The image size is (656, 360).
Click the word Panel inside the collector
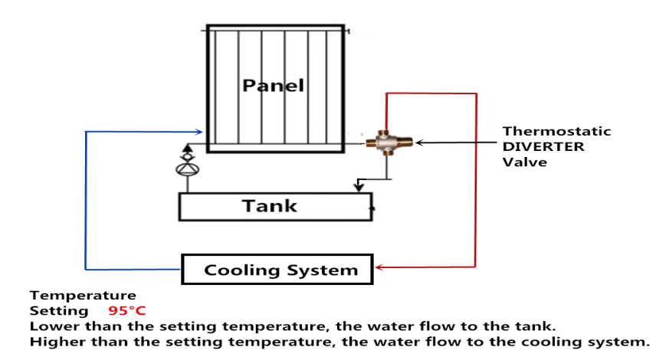click(x=273, y=85)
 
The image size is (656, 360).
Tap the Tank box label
click(x=270, y=205)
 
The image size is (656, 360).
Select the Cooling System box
click(x=277, y=269)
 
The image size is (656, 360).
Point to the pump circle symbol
click(x=186, y=169)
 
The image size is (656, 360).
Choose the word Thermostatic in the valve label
click(x=556, y=131)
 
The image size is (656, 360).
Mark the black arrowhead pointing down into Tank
click(x=357, y=188)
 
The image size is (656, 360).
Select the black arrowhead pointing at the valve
click(x=419, y=142)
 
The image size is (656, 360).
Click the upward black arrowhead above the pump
click(x=186, y=149)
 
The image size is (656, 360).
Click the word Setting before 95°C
click(x=59, y=311)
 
